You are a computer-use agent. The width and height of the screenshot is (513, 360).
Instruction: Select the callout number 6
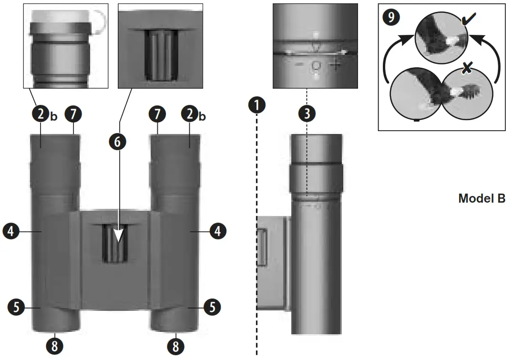tap(119, 141)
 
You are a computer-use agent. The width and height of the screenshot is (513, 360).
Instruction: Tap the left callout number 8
tap(54, 346)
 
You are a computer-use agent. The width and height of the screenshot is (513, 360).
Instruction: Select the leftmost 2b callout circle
tap(40, 114)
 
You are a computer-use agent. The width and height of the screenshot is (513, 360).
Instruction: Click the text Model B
tap(482, 198)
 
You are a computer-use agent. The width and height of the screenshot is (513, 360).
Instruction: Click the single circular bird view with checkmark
tap(439, 39)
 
